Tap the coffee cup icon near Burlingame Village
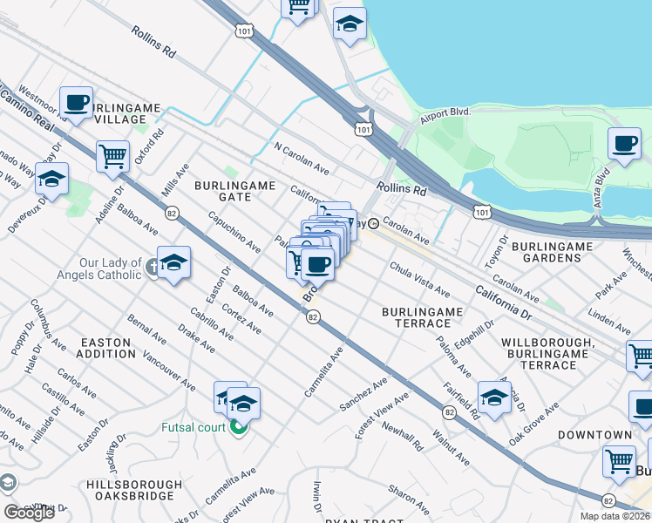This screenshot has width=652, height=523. point(77,102)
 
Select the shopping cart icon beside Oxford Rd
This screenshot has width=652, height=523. point(112,157)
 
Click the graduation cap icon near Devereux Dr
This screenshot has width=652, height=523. point(51,179)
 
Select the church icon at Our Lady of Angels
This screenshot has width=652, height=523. point(153,268)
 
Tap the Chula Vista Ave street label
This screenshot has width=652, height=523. point(419,280)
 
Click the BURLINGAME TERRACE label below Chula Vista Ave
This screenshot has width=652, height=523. point(419,317)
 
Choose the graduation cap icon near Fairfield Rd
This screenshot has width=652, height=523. point(494,397)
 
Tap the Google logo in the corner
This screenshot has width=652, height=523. point(29,513)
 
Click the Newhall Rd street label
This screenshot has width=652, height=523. point(402,433)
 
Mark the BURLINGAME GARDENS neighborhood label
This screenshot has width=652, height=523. point(553,253)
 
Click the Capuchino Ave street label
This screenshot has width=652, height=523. point(233,233)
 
